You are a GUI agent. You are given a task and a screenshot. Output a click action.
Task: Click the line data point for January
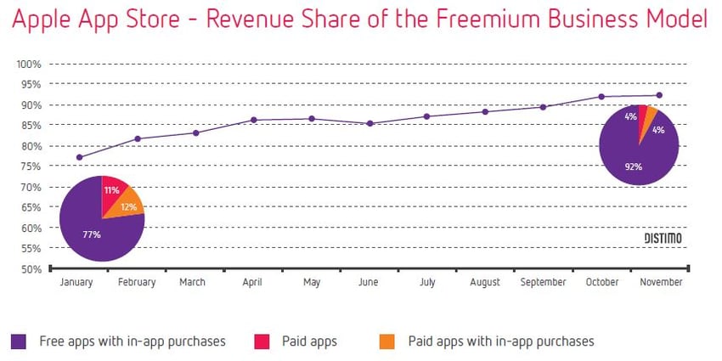click(79, 157)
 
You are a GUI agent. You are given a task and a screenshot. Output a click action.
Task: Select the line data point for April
click(254, 120)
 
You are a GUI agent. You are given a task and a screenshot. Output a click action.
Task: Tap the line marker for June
click(369, 123)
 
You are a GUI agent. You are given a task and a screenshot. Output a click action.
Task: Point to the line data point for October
click(601, 97)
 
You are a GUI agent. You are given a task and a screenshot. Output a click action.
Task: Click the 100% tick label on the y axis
click(30, 64)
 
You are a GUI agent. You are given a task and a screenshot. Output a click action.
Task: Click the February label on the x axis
click(136, 283)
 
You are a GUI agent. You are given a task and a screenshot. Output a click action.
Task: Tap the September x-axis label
click(542, 283)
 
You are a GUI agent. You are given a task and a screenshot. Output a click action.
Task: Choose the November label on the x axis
click(660, 283)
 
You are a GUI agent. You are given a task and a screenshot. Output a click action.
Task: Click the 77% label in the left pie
click(91, 233)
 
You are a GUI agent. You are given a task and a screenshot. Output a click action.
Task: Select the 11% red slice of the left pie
click(113, 192)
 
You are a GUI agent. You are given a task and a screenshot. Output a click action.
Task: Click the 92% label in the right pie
click(634, 166)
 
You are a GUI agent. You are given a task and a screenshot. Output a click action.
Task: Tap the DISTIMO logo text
click(662, 239)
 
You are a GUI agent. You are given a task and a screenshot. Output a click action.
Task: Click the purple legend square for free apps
click(19, 341)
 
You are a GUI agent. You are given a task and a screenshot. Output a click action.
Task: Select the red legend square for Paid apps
click(262, 341)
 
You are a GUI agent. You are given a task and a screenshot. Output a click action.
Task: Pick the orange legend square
click(386, 341)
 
